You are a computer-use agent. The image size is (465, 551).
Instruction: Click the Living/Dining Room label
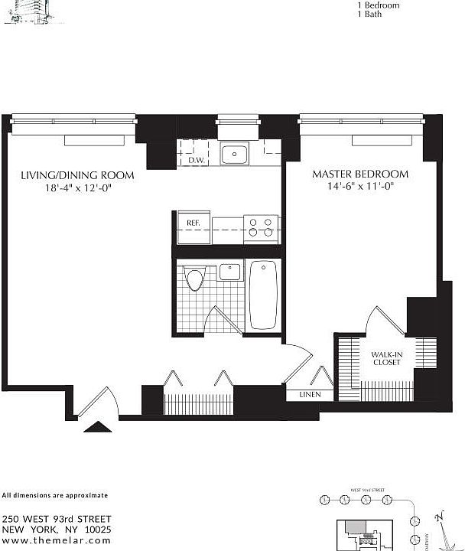[x=77, y=175]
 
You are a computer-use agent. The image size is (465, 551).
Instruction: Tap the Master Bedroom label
[x=359, y=174]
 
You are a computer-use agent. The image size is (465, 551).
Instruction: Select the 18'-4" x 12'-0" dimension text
[x=77, y=188]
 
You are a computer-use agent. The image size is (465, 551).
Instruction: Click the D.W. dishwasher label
[x=194, y=160]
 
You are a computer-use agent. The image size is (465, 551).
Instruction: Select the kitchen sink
[x=233, y=155]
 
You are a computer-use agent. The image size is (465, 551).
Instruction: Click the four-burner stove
[x=260, y=228]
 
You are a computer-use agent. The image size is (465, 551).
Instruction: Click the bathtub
[x=264, y=295]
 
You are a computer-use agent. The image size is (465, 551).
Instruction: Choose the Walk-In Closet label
[x=386, y=358]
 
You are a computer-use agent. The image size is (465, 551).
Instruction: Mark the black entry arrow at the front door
[x=98, y=428]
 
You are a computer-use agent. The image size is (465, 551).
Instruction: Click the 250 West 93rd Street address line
[x=57, y=519]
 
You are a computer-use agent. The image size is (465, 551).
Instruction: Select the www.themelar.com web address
[x=57, y=540]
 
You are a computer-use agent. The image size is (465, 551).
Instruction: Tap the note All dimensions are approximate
[x=54, y=495]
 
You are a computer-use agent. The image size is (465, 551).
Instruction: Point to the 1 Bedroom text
[x=379, y=5]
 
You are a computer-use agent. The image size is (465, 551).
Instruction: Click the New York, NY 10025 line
[x=57, y=529]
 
